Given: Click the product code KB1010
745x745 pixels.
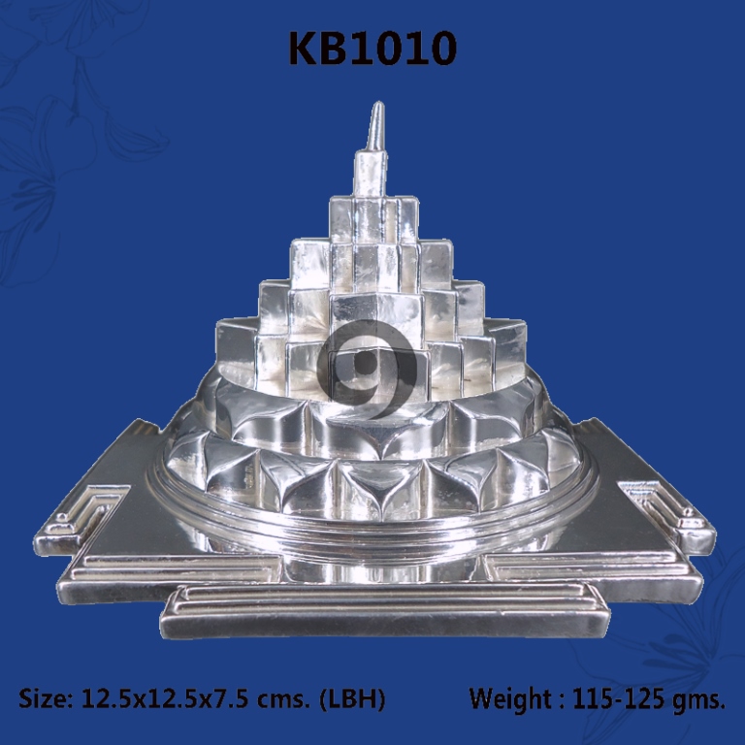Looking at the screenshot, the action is click(372, 48).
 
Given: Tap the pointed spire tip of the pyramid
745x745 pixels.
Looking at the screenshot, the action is click(378, 103).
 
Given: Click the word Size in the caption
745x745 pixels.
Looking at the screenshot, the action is click(45, 698).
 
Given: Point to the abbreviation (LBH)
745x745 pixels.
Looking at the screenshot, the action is click(352, 699).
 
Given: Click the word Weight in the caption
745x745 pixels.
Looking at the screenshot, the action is click(510, 698).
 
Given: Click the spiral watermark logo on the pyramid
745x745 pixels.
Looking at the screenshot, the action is click(369, 370).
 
